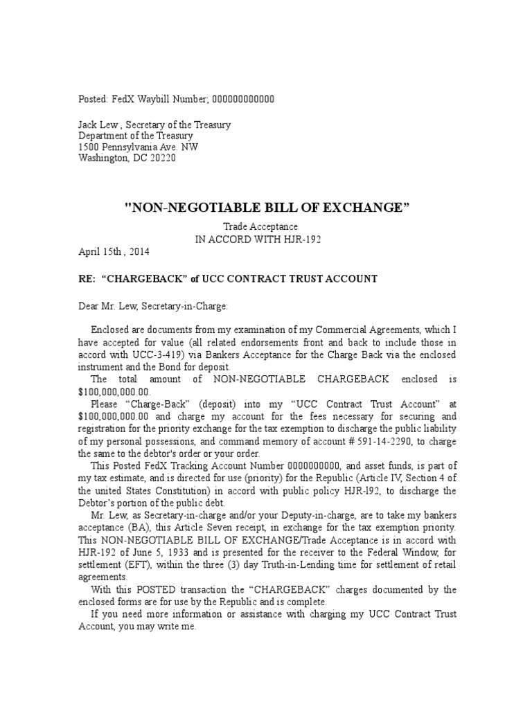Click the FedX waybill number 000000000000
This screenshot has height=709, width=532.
[242, 99]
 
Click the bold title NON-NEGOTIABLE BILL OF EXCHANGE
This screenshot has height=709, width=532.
[267, 207]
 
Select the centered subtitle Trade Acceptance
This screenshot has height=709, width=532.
[260, 226]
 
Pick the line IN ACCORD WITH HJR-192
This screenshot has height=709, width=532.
[260, 238]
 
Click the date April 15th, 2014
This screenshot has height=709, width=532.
[114, 251]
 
